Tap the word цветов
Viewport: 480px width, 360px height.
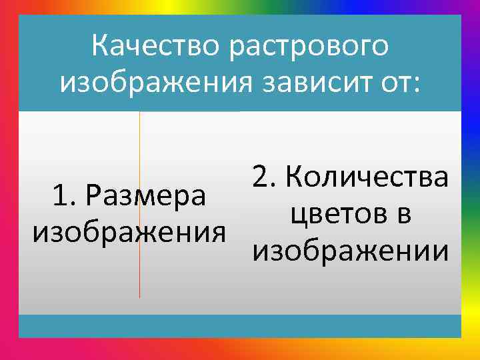[337, 215]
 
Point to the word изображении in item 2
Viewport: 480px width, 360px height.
[350, 251]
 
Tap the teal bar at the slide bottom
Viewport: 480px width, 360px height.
[240, 326]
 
